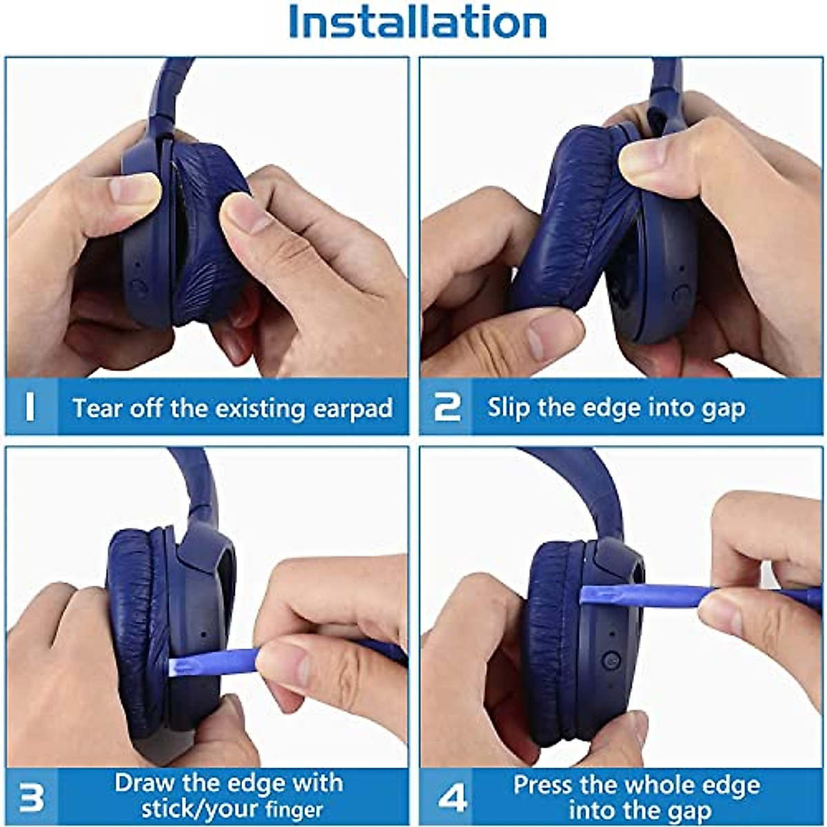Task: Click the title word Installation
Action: click(418, 22)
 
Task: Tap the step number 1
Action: click(30, 407)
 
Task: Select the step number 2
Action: click(447, 407)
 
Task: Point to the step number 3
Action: click(31, 797)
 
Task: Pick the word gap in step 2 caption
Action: click(723, 409)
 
